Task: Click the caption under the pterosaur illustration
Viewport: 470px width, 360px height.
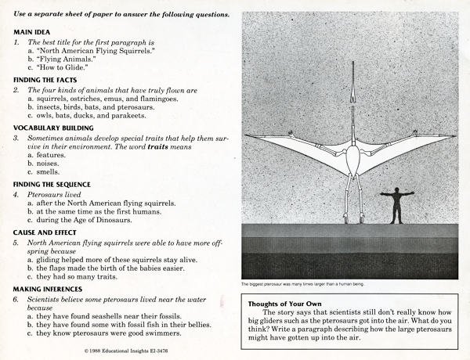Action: [305, 283]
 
